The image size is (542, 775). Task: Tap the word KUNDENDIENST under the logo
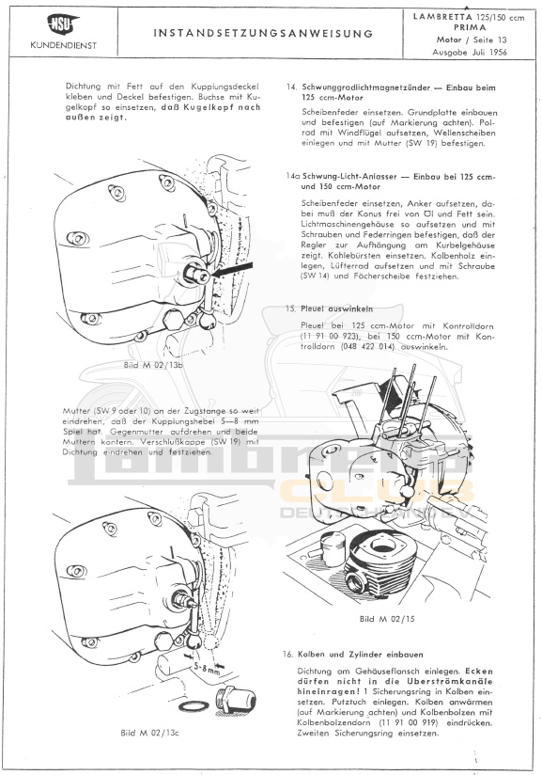[64, 45]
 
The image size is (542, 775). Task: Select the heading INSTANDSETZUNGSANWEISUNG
[263, 34]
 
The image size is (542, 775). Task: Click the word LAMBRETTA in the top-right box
[442, 17]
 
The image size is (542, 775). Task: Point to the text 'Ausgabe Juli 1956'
[470, 52]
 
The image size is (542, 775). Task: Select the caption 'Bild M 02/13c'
[149, 733]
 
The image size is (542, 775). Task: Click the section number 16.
[288, 655]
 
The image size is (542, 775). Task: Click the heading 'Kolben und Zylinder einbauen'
[361, 655]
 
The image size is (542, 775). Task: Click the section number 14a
[293, 177]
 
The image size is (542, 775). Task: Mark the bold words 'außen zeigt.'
[96, 118]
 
